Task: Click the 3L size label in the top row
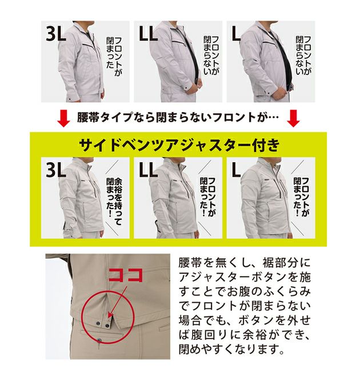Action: tap(56, 34)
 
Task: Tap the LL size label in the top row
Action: tap(148, 34)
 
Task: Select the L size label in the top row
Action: tap(236, 34)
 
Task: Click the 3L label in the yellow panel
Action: tap(56, 170)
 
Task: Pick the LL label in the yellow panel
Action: tap(148, 170)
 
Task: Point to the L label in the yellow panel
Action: tap(236, 170)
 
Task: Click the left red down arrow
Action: tap(63, 118)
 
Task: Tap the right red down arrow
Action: tap(294, 118)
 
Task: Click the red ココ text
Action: tap(126, 275)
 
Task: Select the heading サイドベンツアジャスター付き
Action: tap(179, 145)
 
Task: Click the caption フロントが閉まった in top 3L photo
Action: tap(114, 56)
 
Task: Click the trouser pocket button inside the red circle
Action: tap(99, 340)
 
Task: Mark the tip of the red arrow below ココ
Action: tap(109, 318)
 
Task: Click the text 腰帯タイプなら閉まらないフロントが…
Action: tap(178, 117)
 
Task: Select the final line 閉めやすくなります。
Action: tap(231, 349)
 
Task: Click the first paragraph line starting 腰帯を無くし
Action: tap(245, 263)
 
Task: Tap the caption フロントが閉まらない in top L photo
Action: tap(303, 55)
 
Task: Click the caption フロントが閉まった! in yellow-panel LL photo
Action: tap(208, 197)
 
